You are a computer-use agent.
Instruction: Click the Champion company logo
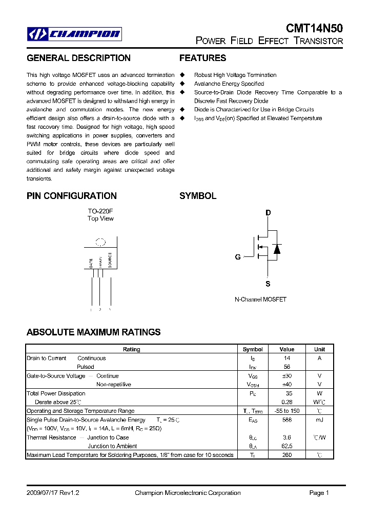point(74,34)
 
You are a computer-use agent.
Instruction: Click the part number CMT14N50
point(314,29)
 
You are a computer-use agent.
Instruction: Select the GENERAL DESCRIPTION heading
point(78,58)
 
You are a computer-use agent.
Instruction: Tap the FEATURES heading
point(202,58)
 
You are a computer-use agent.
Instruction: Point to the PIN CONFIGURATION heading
point(72,196)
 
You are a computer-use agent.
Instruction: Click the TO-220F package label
point(100,211)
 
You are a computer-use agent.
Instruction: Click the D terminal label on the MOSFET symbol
point(268,213)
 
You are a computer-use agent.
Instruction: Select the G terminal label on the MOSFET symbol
point(238,257)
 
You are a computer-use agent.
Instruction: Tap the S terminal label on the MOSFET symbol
point(268,284)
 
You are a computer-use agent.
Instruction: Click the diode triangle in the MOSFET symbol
point(277,249)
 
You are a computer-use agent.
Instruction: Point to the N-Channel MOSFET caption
point(260,300)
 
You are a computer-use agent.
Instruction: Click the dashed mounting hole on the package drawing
point(100,243)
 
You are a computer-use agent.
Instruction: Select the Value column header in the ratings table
point(287,349)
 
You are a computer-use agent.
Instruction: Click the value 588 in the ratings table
point(287,420)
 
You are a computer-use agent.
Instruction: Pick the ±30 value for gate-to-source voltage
point(287,376)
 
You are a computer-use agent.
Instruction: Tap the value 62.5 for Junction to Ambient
point(287,446)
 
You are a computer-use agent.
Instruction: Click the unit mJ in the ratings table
point(319,420)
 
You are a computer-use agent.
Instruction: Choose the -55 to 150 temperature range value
point(287,411)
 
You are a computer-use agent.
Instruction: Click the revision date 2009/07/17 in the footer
point(44,493)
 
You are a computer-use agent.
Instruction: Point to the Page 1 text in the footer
point(319,493)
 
